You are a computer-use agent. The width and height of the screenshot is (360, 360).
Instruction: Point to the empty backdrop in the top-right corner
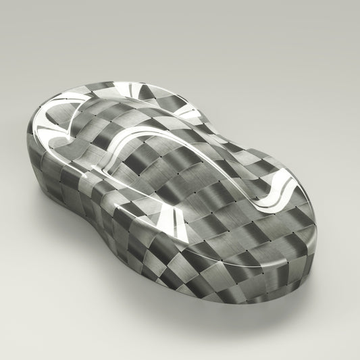click(331, 27)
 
